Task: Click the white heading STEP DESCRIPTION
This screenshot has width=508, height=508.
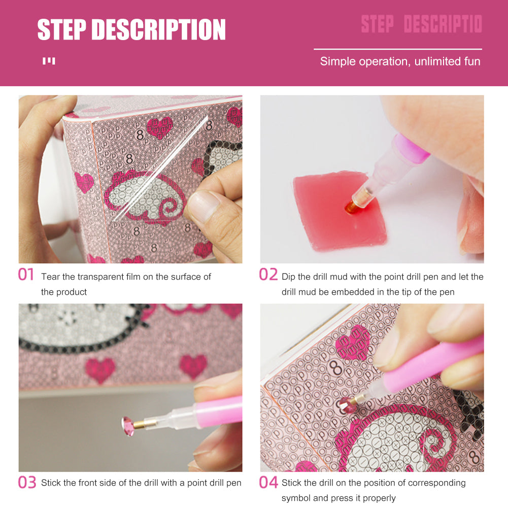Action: (x=131, y=29)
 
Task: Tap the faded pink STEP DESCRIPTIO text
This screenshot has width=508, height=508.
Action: (x=421, y=24)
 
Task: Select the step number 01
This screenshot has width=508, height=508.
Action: (x=26, y=275)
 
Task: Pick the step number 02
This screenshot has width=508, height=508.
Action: (x=268, y=275)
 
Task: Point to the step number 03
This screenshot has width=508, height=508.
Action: (x=27, y=482)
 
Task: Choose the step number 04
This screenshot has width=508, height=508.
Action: (x=268, y=482)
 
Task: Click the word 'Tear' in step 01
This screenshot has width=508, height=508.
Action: (x=51, y=277)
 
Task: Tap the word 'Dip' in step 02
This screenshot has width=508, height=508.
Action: (x=289, y=277)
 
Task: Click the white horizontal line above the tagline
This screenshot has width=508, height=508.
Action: (x=397, y=49)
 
